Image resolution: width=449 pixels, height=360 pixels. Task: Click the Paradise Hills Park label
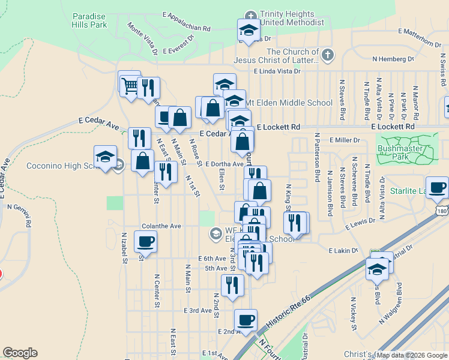(89, 20)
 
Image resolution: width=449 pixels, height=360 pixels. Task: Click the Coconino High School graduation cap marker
(106, 157)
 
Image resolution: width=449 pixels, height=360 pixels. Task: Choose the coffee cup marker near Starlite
(437, 187)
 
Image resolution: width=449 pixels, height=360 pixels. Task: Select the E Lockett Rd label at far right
(393, 127)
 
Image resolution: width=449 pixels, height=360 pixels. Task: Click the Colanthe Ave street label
(161, 226)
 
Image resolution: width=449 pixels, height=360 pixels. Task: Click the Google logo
(20, 353)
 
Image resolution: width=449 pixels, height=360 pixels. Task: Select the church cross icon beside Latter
(327, 56)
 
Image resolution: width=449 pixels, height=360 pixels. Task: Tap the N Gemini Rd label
(28, 215)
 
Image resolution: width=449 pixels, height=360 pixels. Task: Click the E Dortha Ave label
(224, 163)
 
